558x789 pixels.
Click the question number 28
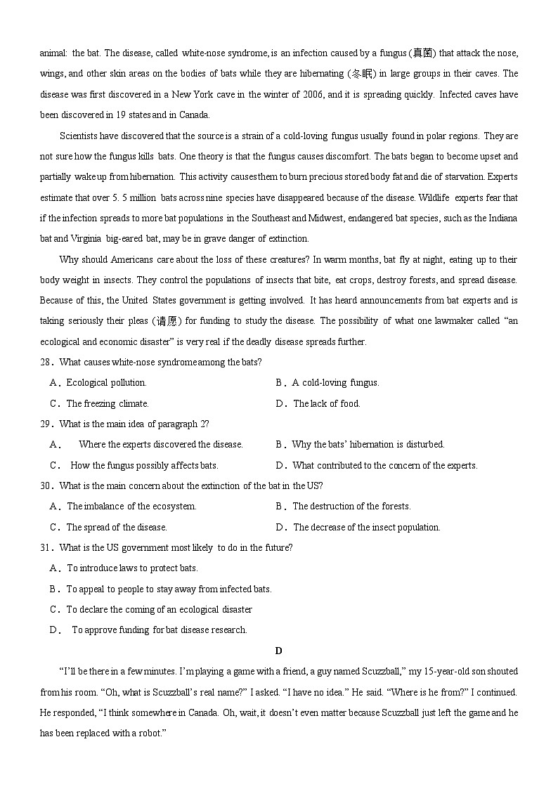(x=46, y=363)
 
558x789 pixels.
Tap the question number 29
(x=46, y=424)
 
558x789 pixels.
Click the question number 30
(x=46, y=486)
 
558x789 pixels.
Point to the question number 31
(x=46, y=548)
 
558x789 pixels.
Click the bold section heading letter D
(x=279, y=651)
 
